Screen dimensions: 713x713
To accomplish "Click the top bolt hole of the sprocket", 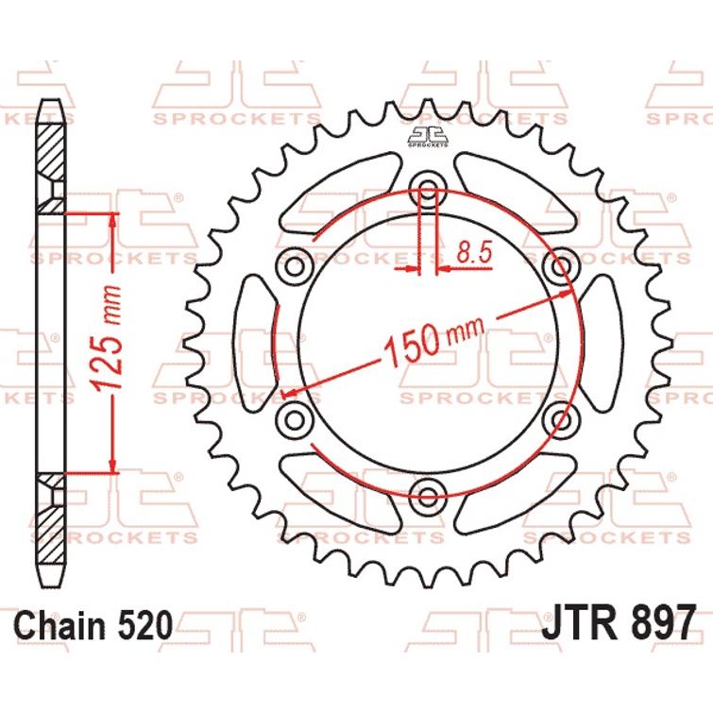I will coord(430,191).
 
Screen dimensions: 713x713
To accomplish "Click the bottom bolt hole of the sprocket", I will coord(430,492).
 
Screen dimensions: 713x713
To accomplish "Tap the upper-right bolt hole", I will coord(560,266).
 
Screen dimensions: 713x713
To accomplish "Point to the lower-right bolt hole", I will coord(560,416).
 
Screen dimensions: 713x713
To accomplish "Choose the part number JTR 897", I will coord(619,623).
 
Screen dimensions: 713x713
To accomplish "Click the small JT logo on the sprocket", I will coord(430,137).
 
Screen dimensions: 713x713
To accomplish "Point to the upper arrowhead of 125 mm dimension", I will coord(114,219).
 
